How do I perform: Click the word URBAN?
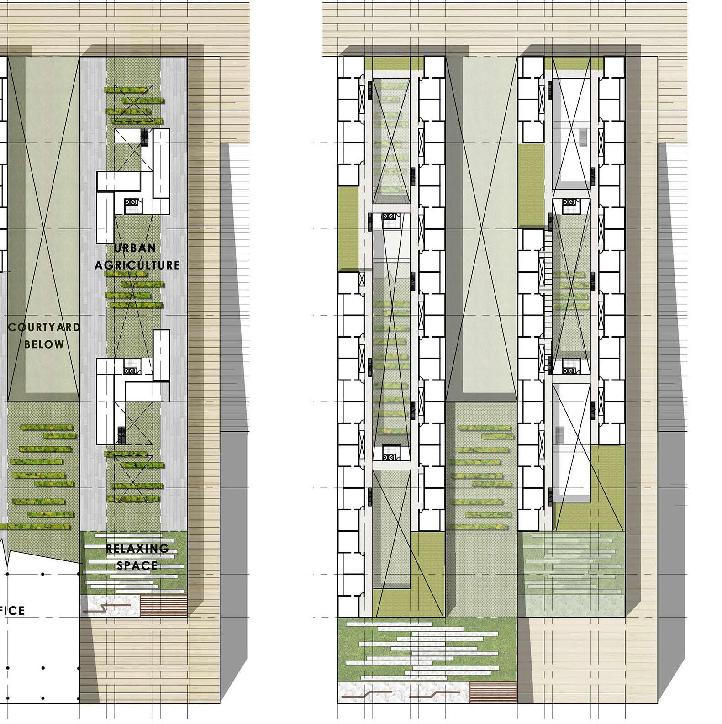(x=135, y=248)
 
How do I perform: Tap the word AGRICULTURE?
(x=137, y=265)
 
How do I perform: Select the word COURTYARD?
(x=44, y=328)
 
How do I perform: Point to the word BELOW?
(x=44, y=344)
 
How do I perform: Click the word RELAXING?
(x=137, y=549)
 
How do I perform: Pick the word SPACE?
(x=137, y=565)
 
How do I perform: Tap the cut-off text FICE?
(x=12, y=610)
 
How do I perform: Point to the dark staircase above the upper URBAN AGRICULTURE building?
(x=145, y=136)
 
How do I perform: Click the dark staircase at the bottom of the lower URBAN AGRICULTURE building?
(x=121, y=435)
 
